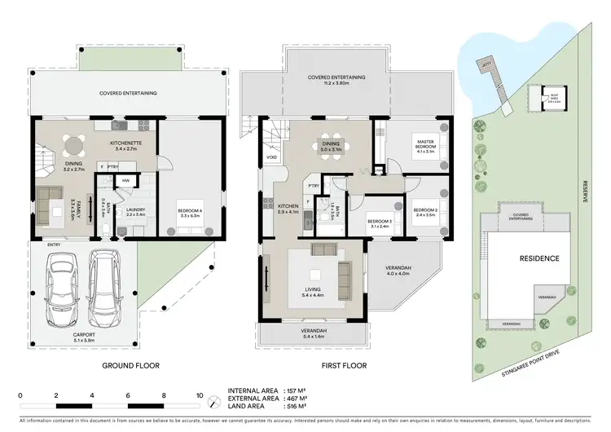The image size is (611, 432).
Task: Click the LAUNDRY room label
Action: pyautogui.click(x=135, y=209)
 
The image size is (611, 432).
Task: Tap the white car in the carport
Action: pyautogui.click(x=64, y=289)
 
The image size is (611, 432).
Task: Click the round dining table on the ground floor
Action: pyautogui.click(x=74, y=146)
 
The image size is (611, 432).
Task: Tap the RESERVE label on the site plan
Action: pyautogui.click(x=585, y=192)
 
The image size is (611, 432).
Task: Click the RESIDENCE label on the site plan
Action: pyautogui.click(x=540, y=258)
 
